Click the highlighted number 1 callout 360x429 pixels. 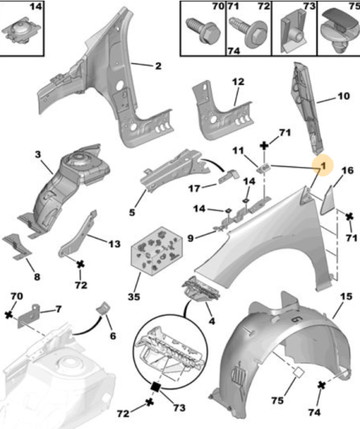(323, 165)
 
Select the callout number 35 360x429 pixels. (134, 296)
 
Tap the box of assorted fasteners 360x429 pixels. (157, 250)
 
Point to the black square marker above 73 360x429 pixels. (156, 387)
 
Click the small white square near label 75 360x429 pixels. (298, 373)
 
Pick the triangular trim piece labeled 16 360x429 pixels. (328, 200)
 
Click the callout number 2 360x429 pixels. (158, 66)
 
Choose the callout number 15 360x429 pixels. (347, 296)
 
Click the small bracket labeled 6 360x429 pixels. (104, 308)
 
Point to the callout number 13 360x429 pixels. (115, 243)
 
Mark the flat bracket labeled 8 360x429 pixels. (16, 246)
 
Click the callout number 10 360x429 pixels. (344, 96)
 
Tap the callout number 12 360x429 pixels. (238, 82)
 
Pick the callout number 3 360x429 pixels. (38, 154)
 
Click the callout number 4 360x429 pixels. (212, 321)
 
